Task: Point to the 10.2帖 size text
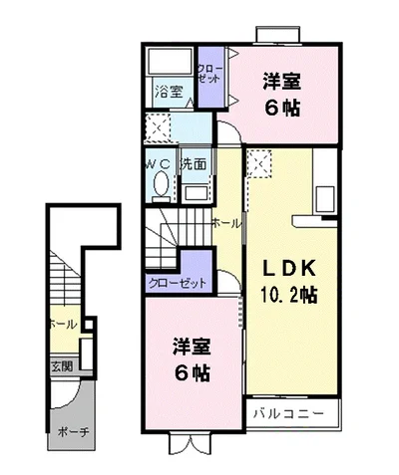[289, 294]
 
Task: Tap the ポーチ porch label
[69, 433]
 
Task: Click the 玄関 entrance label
[61, 364]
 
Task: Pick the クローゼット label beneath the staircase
[178, 282]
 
